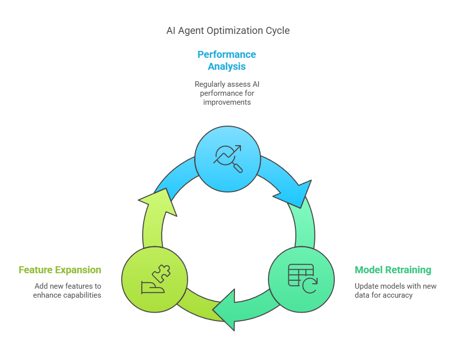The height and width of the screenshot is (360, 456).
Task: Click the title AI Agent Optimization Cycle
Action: (228, 30)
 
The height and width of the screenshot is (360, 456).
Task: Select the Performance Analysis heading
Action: (227, 60)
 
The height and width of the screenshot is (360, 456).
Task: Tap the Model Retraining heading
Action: (393, 270)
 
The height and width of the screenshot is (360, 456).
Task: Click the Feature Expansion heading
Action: (60, 270)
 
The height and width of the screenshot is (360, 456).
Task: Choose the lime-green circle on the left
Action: (155, 279)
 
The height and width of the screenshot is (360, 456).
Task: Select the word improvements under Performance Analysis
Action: (227, 102)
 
